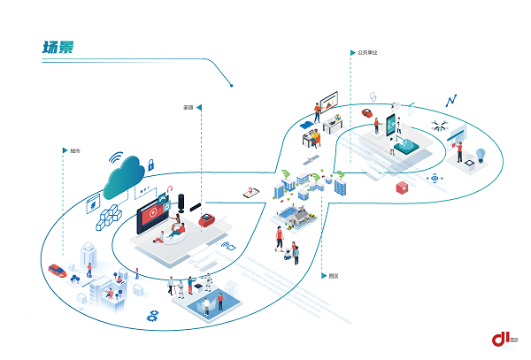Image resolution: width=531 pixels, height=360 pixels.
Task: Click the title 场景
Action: coord(57,46)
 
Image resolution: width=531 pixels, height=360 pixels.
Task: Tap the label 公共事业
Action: coord(368,53)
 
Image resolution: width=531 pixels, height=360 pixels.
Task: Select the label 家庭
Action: coord(189,108)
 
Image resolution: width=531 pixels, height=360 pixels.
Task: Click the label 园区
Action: coord(333,276)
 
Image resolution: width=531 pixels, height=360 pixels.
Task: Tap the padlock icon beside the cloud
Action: coord(151,164)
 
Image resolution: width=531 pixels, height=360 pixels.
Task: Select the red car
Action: coord(58,270)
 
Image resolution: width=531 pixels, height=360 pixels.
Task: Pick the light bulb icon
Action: coord(481,155)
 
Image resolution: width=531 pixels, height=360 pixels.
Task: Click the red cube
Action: coord(403,187)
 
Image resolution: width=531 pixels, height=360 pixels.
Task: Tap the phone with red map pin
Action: coord(250,191)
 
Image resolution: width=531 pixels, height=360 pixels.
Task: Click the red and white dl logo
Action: coord(504,339)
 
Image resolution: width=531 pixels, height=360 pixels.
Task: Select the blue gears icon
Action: coord(152,314)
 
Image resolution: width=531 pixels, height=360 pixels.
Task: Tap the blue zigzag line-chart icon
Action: coord(451,101)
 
